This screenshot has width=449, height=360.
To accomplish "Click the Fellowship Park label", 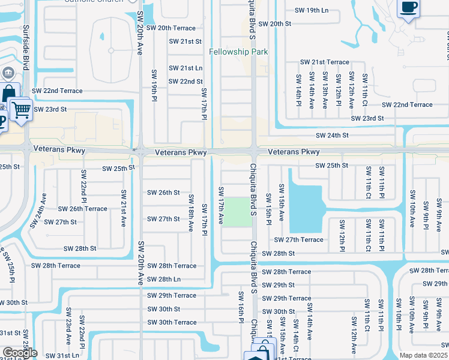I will pyautogui.click(x=238, y=52).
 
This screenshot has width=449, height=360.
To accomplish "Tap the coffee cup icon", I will pyautogui.click(x=408, y=8).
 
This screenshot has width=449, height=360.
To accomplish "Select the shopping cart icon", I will pyautogui.click(x=21, y=109).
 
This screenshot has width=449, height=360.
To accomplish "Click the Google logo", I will pyautogui.click(x=19, y=353).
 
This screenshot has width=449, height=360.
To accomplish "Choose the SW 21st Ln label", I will pyautogui.click(x=185, y=68).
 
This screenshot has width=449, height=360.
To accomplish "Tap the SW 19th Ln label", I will pyautogui.click(x=312, y=10).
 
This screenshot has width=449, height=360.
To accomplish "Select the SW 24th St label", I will pyautogui.click(x=332, y=136).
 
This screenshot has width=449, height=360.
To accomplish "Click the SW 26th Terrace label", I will pyautogui.click(x=82, y=209).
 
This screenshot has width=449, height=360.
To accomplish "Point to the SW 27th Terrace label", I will pyautogui.click(x=298, y=240).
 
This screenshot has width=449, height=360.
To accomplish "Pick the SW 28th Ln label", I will pyautogui.click(x=163, y=279).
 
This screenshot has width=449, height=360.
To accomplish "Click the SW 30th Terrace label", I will pyautogui.click(x=172, y=322).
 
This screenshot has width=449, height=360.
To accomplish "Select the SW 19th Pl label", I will pyautogui.click(x=154, y=96).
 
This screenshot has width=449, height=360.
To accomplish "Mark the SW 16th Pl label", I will pyautogui.click(x=240, y=308).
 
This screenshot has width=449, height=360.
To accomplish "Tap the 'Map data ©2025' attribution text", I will pyautogui.click(x=423, y=355).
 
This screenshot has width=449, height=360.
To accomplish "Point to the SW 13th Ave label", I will pyautogui.click(x=325, y=89).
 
